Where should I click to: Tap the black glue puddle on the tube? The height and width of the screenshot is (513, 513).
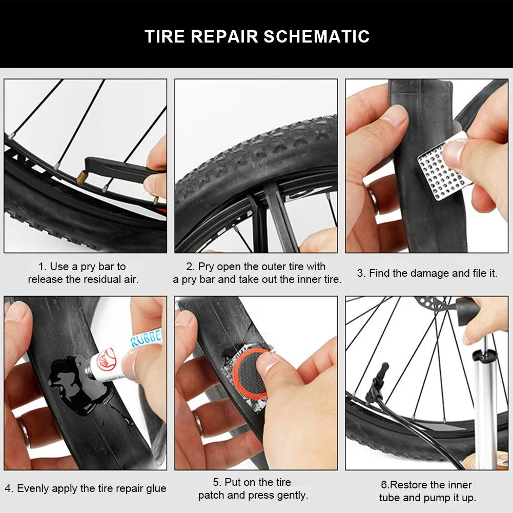point(77,387)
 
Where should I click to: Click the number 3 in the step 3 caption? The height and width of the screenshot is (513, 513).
point(360,274)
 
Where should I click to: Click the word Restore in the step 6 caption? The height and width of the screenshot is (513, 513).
point(409,485)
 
